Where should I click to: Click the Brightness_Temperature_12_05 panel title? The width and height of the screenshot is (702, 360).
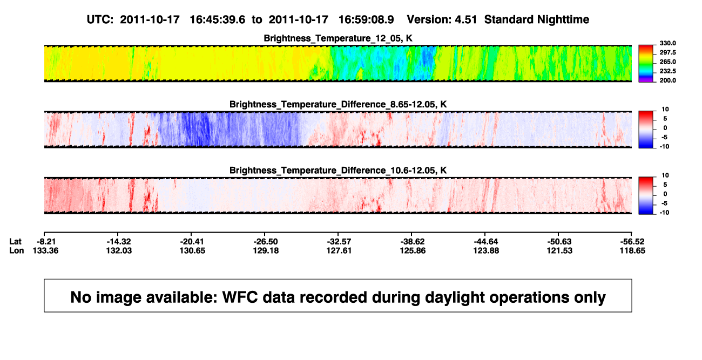338,38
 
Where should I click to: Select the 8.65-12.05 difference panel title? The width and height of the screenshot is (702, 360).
338,104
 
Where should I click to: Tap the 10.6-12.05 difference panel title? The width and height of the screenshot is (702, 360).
338,171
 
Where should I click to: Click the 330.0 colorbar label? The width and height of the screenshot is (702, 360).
667,43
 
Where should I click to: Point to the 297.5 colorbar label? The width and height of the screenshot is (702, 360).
667,52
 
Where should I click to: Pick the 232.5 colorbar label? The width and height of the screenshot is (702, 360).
667,71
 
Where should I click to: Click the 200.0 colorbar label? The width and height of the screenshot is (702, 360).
667,80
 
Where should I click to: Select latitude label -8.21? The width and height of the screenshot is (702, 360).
46,242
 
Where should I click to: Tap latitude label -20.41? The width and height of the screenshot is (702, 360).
192,242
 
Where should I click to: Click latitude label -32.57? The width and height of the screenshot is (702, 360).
339,242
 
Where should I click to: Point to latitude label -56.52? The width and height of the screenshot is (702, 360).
632,242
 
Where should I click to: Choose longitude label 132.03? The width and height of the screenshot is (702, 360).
119,250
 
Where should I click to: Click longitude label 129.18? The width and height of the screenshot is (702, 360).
266,250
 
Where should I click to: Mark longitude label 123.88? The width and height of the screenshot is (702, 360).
486,250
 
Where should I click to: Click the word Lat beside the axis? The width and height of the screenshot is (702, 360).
15,242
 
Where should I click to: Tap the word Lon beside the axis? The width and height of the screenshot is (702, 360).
17,250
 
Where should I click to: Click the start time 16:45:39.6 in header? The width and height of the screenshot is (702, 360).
218,20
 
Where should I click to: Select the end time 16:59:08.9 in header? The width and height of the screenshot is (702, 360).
366,20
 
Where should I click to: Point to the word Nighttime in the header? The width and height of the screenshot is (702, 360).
563,20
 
